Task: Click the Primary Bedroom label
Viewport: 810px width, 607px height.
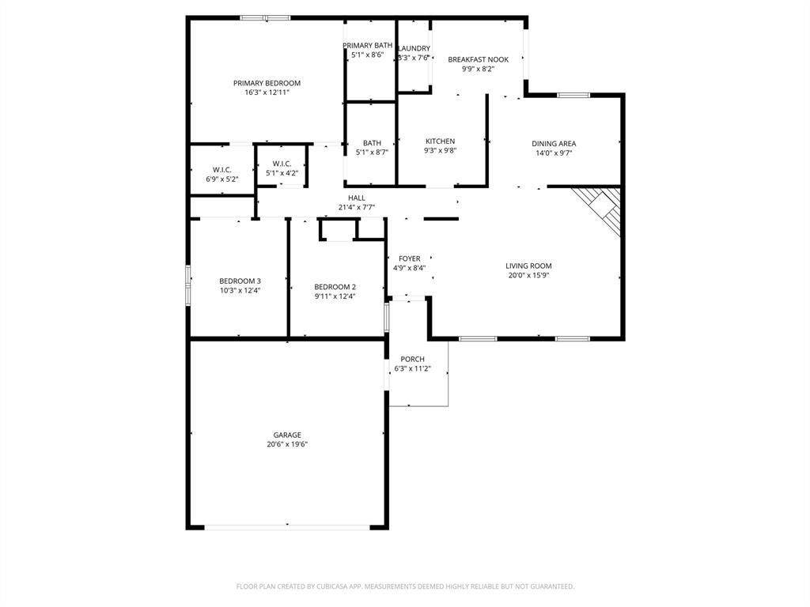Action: click(267, 83)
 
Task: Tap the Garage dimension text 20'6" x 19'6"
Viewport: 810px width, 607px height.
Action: click(287, 444)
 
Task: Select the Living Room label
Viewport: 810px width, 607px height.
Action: click(528, 266)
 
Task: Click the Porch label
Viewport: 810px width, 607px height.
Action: click(412, 360)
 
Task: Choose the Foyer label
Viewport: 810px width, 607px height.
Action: click(409, 258)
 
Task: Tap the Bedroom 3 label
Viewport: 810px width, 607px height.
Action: click(240, 281)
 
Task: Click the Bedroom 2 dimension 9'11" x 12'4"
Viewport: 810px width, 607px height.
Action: click(335, 296)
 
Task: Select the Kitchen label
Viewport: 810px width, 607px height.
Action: click(440, 141)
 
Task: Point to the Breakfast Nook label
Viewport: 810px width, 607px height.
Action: click(478, 59)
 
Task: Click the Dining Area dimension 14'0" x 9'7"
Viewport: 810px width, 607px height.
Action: click(553, 153)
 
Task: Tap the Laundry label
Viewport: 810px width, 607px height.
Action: click(414, 48)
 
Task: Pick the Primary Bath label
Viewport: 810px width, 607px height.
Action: click(367, 46)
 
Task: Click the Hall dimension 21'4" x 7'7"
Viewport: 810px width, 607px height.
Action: click(356, 208)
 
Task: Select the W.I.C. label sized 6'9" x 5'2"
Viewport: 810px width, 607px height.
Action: click(221, 170)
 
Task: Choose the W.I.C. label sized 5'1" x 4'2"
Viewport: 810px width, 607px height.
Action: click(282, 164)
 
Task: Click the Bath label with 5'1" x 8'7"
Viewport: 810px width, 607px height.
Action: click(371, 143)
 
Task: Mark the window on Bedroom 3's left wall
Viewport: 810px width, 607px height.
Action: click(188, 285)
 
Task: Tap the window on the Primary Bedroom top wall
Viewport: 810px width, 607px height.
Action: click(266, 17)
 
